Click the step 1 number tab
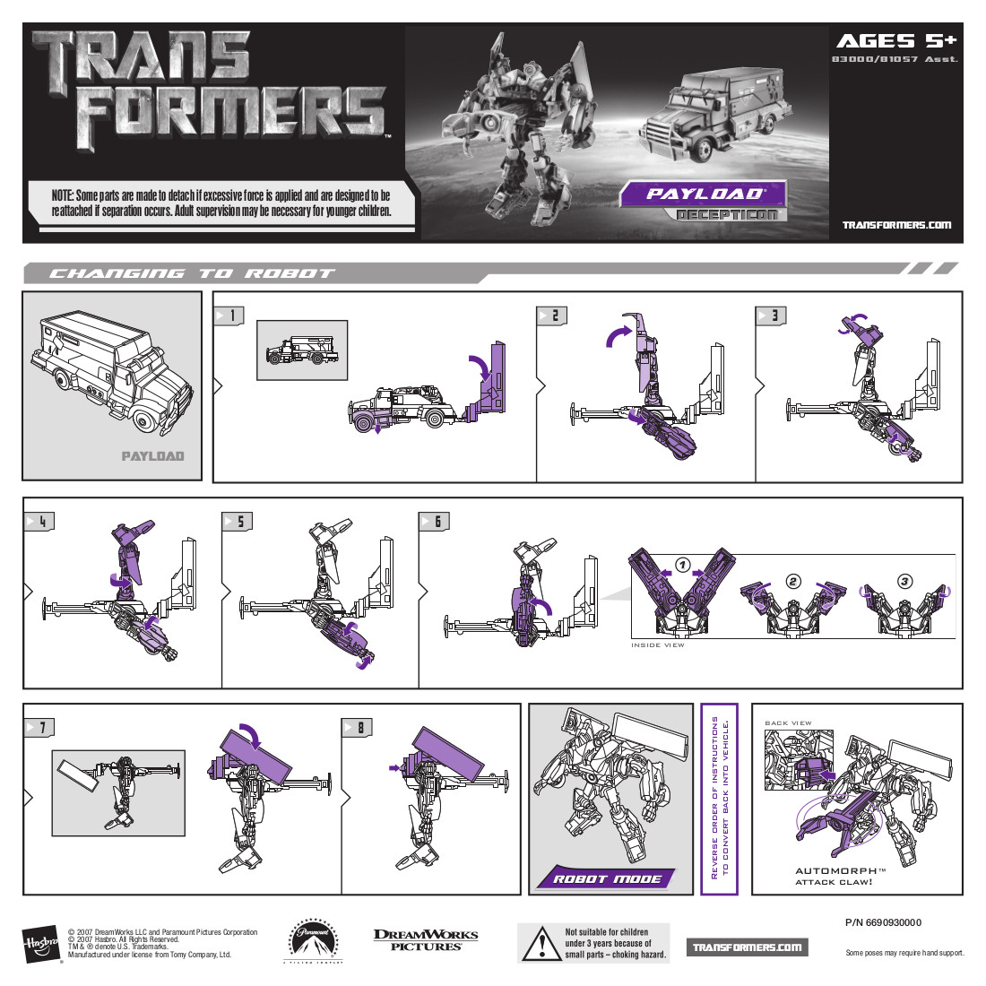point(228,316)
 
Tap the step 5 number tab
point(236,522)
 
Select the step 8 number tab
point(357,727)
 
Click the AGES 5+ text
point(895,40)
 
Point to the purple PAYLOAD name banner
point(704,194)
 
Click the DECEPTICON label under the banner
point(727,215)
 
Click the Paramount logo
point(313,940)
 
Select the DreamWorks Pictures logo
point(426,939)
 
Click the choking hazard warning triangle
point(541,944)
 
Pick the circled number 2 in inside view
point(792,582)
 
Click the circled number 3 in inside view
point(904,582)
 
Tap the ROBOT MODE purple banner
point(607,878)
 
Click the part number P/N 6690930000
point(883,922)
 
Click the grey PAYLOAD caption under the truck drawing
point(152,456)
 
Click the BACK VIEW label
point(788,722)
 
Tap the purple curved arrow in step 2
point(618,334)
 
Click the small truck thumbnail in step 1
point(302,350)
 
